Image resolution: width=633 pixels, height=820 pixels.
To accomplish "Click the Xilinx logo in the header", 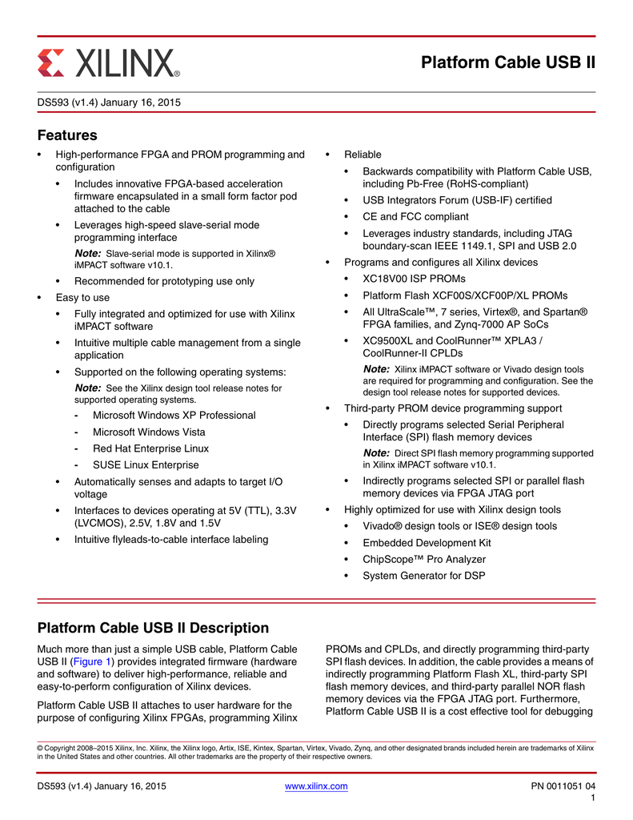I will (x=109, y=62).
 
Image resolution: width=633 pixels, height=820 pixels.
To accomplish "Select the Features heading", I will (x=67, y=135).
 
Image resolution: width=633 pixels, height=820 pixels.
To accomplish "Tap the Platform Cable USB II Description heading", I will (x=153, y=628).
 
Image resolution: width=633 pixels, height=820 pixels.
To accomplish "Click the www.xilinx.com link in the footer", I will (x=316, y=786).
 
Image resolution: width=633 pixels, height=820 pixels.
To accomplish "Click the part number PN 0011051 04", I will (x=563, y=786).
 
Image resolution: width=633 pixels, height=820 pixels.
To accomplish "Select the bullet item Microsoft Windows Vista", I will (x=149, y=432).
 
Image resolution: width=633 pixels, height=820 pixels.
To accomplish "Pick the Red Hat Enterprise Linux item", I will (x=150, y=448).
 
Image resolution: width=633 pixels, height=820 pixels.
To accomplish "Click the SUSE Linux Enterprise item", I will (x=146, y=464).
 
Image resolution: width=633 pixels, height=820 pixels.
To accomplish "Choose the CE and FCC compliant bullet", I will (x=415, y=216).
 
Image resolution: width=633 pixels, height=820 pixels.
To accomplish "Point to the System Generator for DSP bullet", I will (x=423, y=576).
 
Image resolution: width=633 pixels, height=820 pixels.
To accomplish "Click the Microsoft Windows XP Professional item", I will (x=174, y=416).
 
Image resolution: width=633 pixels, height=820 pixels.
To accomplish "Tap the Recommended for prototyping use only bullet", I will (x=164, y=281).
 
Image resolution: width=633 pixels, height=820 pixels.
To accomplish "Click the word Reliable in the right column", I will (x=363, y=155).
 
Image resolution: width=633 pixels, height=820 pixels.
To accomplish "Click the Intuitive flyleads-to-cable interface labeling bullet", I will (x=171, y=540).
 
